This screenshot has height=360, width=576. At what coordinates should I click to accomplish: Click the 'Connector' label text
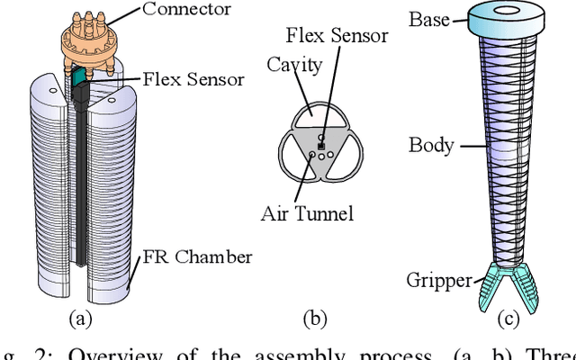(x=186, y=11)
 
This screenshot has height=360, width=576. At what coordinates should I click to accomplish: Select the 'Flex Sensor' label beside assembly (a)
(x=193, y=79)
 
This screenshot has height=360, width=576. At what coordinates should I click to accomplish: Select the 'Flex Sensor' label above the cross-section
(x=337, y=36)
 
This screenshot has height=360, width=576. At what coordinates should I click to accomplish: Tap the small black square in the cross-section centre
(x=320, y=143)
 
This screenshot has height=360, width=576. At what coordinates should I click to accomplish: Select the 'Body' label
(x=431, y=145)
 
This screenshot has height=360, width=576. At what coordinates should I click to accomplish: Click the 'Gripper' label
(x=439, y=280)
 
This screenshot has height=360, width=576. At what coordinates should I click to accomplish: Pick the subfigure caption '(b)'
(x=315, y=317)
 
